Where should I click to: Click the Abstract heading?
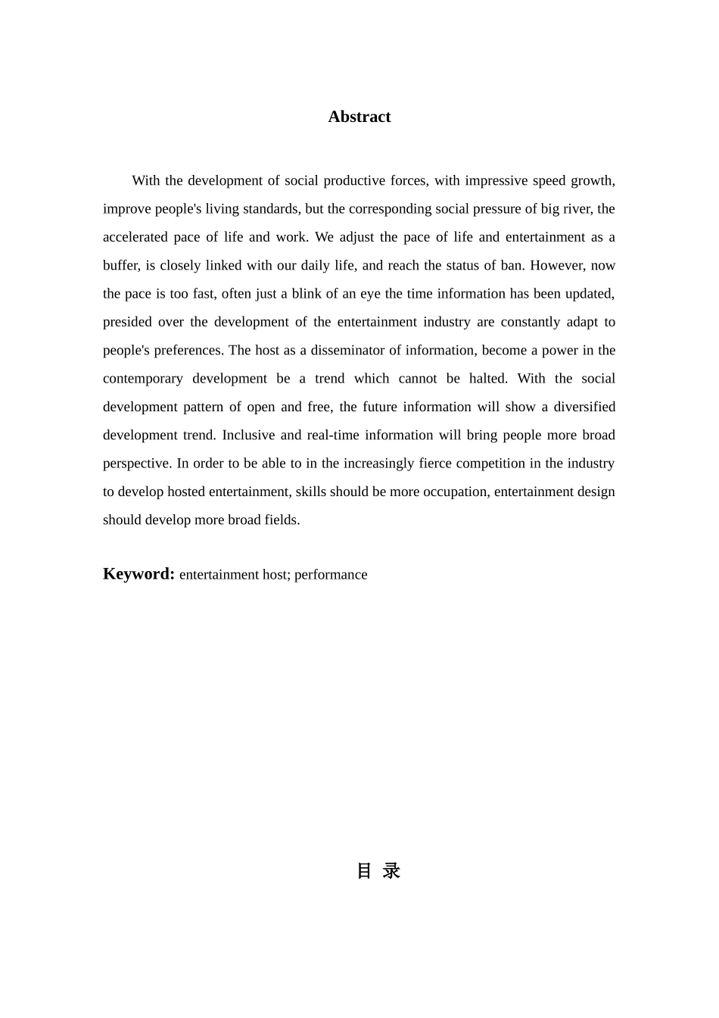point(359,117)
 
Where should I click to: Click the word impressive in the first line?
point(496,180)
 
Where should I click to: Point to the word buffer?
point(120,265)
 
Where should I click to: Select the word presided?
point(127,322)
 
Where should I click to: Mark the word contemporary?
point(142,379)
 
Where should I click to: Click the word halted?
point(488,379)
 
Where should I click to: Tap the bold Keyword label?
point(139,573)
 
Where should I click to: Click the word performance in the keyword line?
point(331,575)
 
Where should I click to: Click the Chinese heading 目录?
point(378,871)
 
